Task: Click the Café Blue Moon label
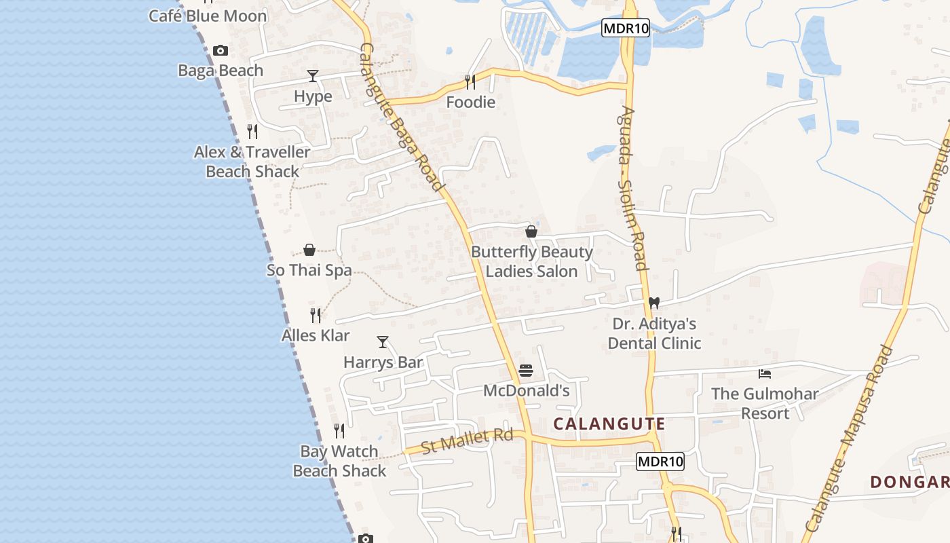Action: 208,16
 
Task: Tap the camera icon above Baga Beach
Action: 221,50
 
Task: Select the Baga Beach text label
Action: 221,71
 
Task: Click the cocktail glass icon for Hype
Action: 313,75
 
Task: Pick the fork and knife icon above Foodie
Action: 470,82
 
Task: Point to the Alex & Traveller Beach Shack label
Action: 252,162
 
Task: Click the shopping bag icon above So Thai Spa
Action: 309,250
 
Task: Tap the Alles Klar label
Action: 316,335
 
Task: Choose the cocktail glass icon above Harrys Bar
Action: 383,342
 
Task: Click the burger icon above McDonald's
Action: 526,371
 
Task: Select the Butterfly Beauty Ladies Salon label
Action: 532,261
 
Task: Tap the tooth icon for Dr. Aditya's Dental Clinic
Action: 654,303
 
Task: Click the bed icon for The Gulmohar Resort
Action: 765,373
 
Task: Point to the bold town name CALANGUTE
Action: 609,424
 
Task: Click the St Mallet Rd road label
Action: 467,441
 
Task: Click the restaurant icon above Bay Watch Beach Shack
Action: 339,430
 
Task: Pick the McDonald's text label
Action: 526,391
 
